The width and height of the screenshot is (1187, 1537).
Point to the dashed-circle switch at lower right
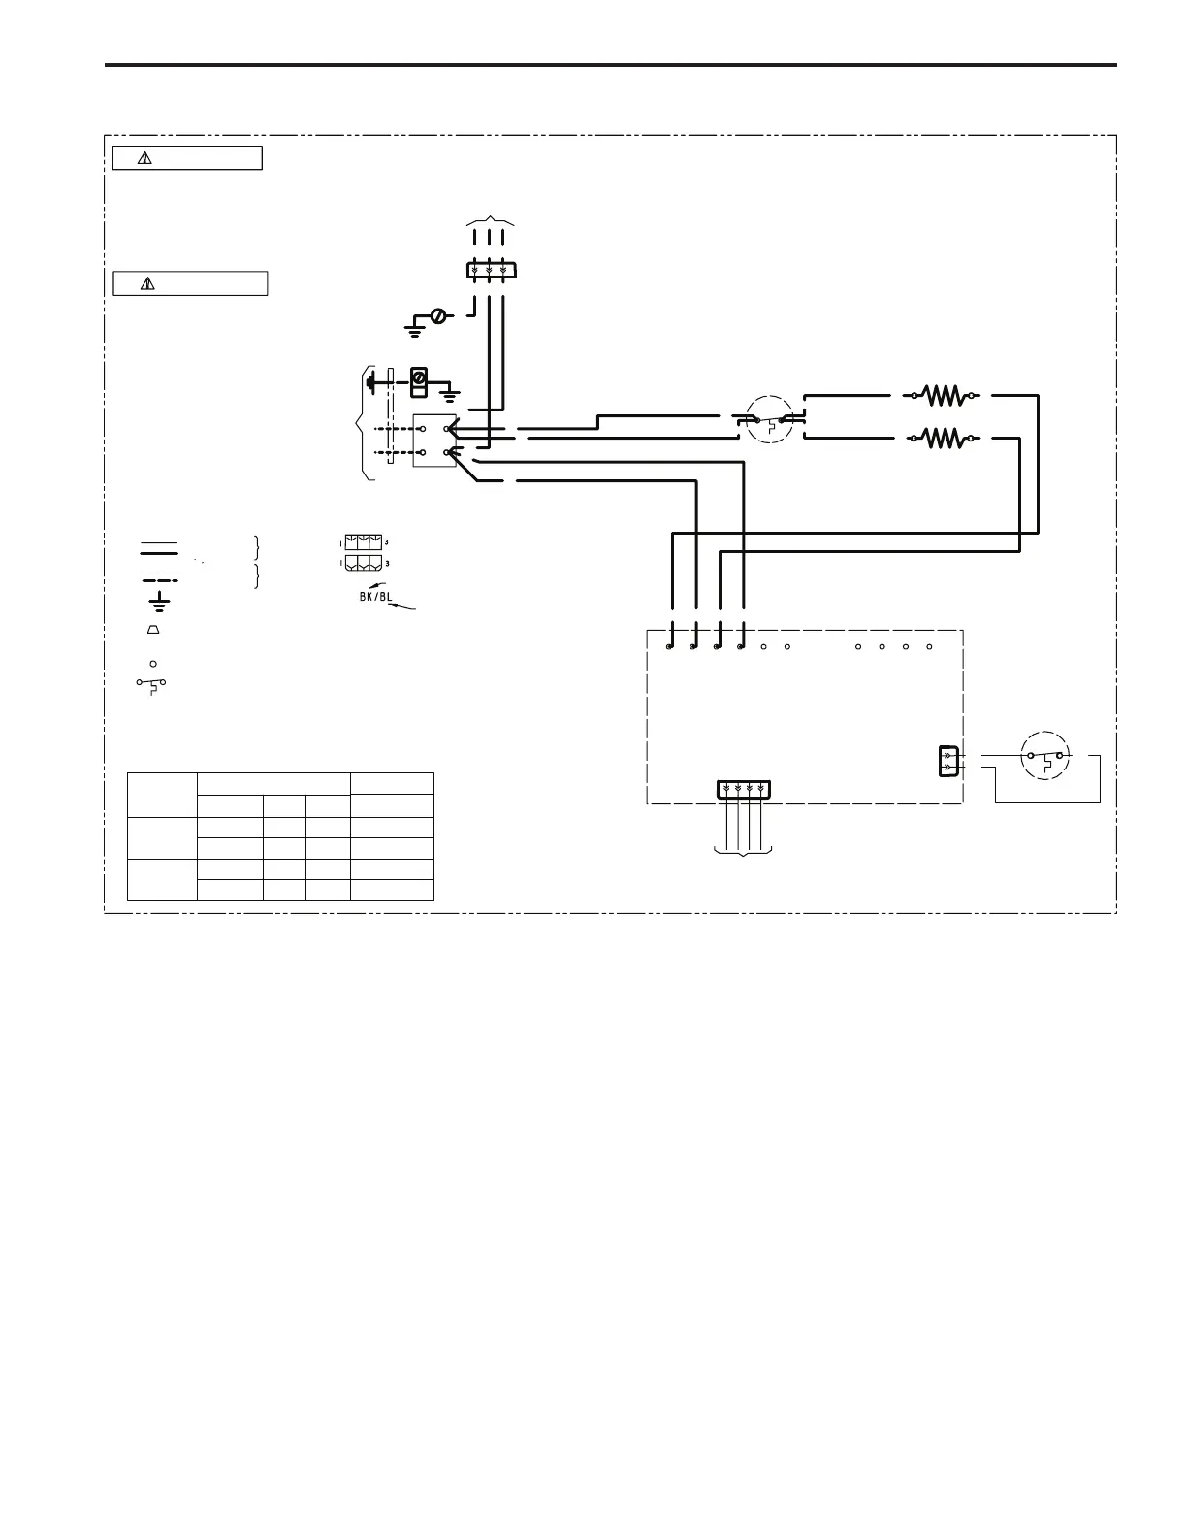(x=1046, y=756)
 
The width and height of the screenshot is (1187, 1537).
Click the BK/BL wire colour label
(x=376, y=597)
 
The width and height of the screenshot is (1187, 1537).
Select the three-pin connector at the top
(x=490, y=270)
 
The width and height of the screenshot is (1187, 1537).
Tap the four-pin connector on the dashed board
(x=744, y=789)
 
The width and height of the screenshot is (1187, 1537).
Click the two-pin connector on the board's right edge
(x=948, y=761)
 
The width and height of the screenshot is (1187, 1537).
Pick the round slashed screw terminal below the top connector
(x=438, y=316)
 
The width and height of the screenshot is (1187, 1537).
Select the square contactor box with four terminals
(x=434, y=441)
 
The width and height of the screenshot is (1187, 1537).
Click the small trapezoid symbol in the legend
(x=153, y=630)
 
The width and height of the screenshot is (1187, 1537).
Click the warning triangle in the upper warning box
(x=144, y=158)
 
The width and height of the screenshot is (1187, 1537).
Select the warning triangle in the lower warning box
(x=147, y=284)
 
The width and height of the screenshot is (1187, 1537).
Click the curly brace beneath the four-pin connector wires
(x=744, y=852)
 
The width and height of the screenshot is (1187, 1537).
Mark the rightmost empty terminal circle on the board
(x=929, y=646)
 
